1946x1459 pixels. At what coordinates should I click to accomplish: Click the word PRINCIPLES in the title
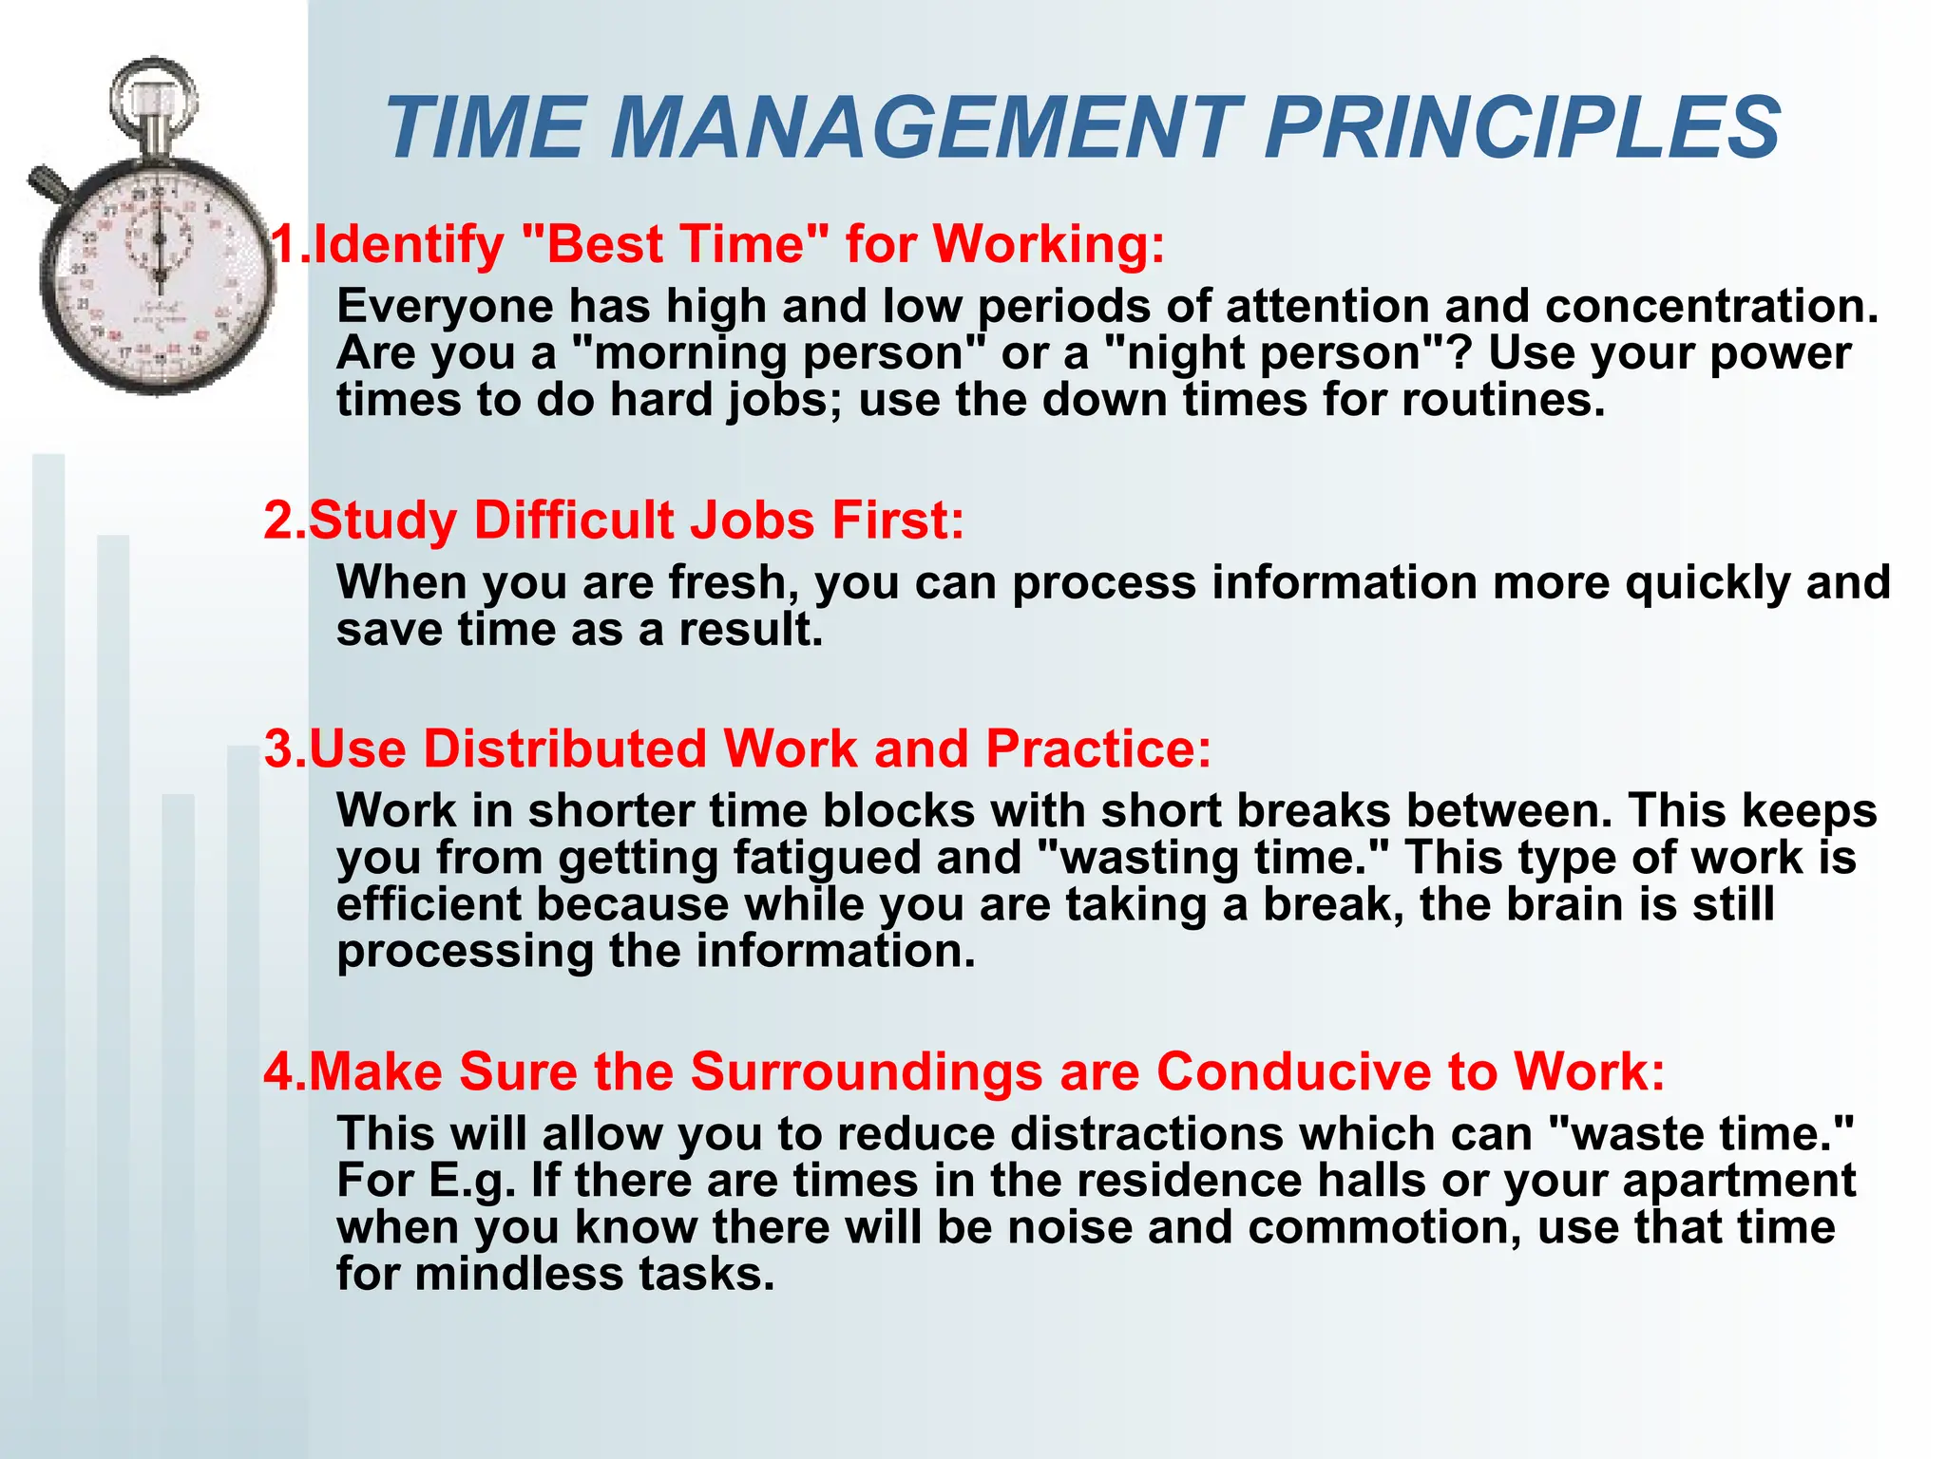[x=1522, y=128]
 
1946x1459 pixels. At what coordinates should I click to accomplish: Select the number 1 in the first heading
[x=283, y=244]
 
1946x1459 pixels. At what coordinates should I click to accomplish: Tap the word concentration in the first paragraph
[x=1710, y=306]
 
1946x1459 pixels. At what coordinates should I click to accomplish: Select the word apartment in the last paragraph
[x=1738, y=1181]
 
